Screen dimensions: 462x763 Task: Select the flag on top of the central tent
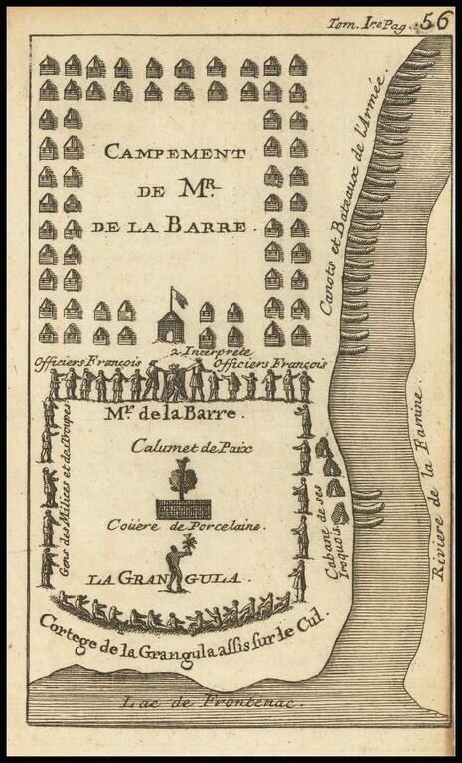pos(180,297)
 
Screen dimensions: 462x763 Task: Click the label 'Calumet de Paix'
pos(192,447)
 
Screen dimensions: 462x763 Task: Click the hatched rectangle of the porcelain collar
pos(183,508)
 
